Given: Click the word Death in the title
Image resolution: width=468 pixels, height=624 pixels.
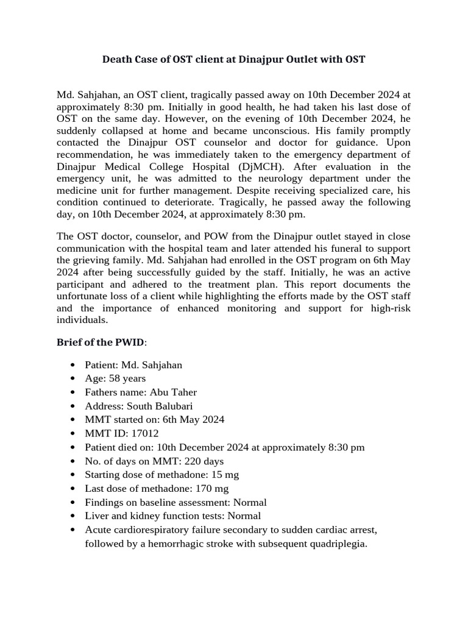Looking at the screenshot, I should [x=116, y=59].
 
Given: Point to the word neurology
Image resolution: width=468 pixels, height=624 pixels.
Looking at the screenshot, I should [x=269, y=178].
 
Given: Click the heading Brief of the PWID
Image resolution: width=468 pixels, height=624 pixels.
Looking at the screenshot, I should [x=101, y=342].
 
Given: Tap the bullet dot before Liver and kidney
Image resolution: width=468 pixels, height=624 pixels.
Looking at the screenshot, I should [x=74, y=516].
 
